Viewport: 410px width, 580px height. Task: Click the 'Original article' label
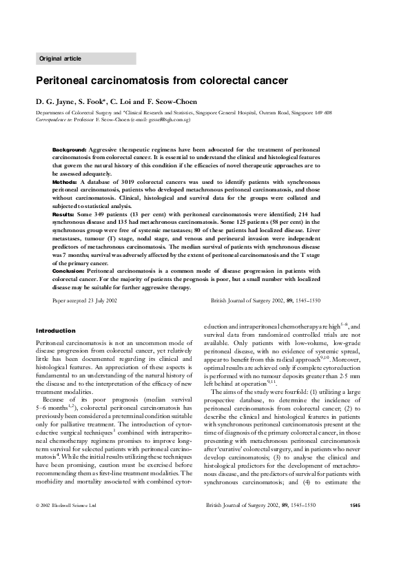[x=61, y=59]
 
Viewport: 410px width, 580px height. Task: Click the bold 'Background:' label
[x=69, y=149]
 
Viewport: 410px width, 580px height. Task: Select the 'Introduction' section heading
[x=55, y=330]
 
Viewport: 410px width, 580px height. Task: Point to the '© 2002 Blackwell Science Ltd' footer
[x=66, y=544]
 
